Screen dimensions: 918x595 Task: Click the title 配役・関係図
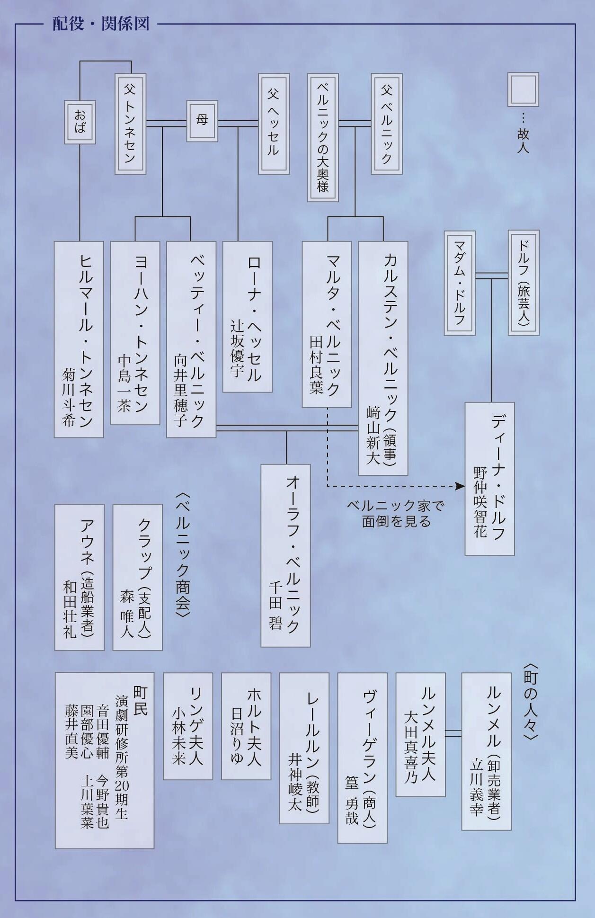101,24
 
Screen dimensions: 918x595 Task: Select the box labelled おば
80,122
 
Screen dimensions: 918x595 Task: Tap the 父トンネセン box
130,124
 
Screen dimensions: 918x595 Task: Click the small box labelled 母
202,121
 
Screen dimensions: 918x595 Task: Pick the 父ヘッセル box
274,124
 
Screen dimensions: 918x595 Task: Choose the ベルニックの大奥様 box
323,137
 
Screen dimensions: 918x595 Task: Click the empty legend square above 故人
523,89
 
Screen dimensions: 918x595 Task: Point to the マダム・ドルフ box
459,283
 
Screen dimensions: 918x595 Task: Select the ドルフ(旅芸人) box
524,283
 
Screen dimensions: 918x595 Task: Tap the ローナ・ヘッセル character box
247,316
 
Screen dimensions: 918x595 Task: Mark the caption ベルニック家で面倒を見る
396,514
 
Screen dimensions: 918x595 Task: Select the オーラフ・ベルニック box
285,555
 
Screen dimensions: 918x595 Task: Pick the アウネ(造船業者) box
79,577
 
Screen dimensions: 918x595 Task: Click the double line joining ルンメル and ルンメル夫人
453,733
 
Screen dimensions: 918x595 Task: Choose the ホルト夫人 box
246,726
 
